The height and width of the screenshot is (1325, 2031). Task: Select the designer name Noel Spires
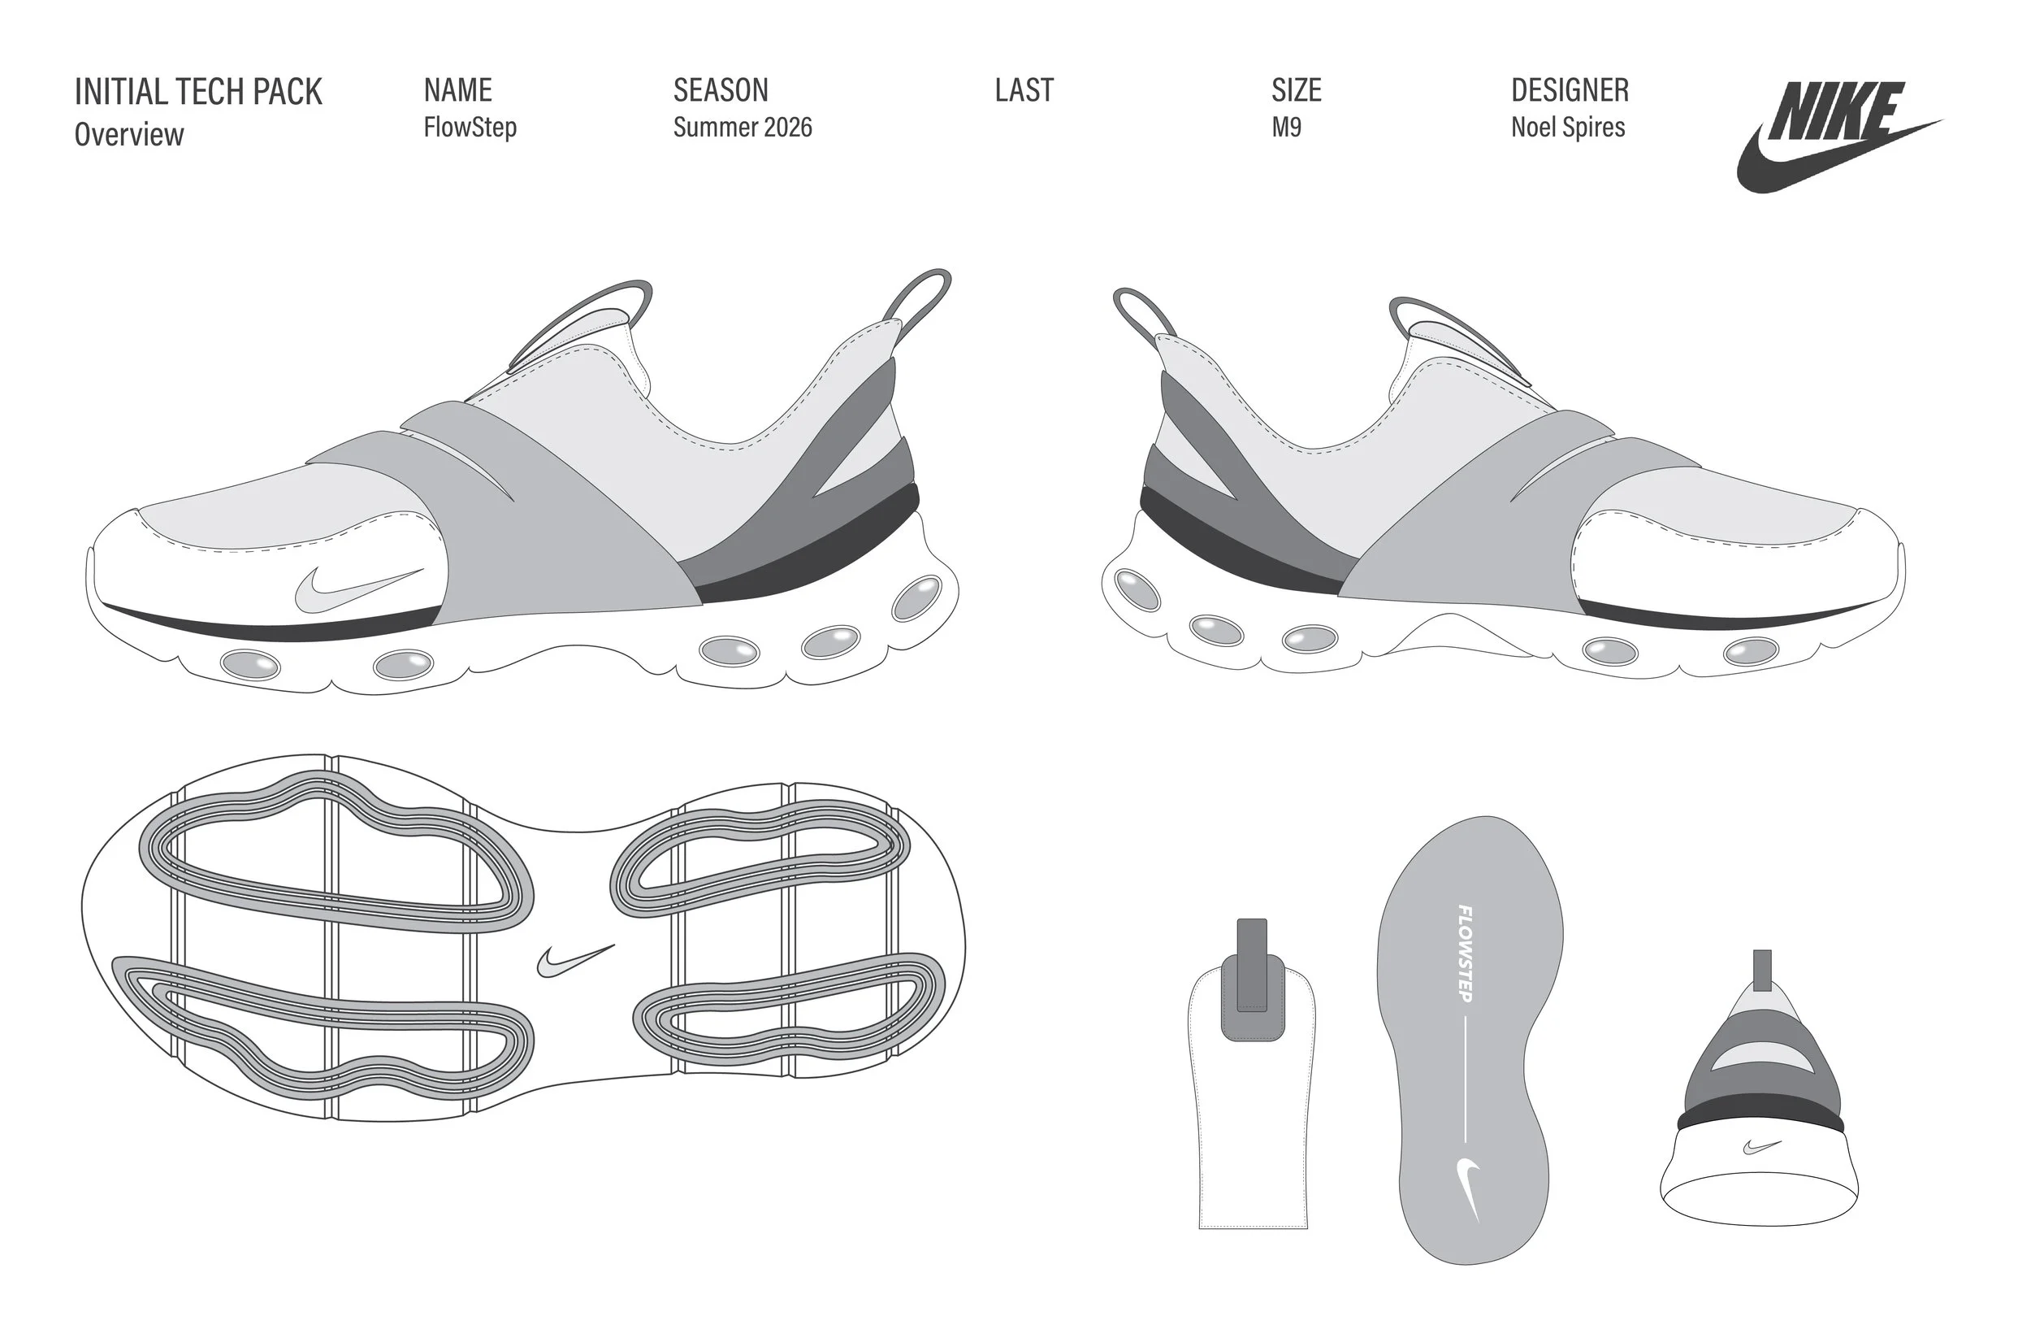coord(1568,127)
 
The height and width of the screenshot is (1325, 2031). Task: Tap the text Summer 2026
coord(742,127)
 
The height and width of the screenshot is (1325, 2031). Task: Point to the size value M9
coord(1286,127)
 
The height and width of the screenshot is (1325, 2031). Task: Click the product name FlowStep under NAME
coord(470,127)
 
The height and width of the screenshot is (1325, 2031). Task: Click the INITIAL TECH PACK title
coord(198,91)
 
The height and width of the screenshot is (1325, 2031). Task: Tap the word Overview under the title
coord(129,134)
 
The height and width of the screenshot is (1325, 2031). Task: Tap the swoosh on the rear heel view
coord(1761,1145)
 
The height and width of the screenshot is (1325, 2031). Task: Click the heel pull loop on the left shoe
coord(921,299)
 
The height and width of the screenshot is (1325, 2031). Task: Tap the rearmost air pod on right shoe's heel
coord(1137,590)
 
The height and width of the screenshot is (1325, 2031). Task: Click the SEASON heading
coord(721,89)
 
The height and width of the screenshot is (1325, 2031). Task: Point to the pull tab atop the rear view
coord(1761,969)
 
